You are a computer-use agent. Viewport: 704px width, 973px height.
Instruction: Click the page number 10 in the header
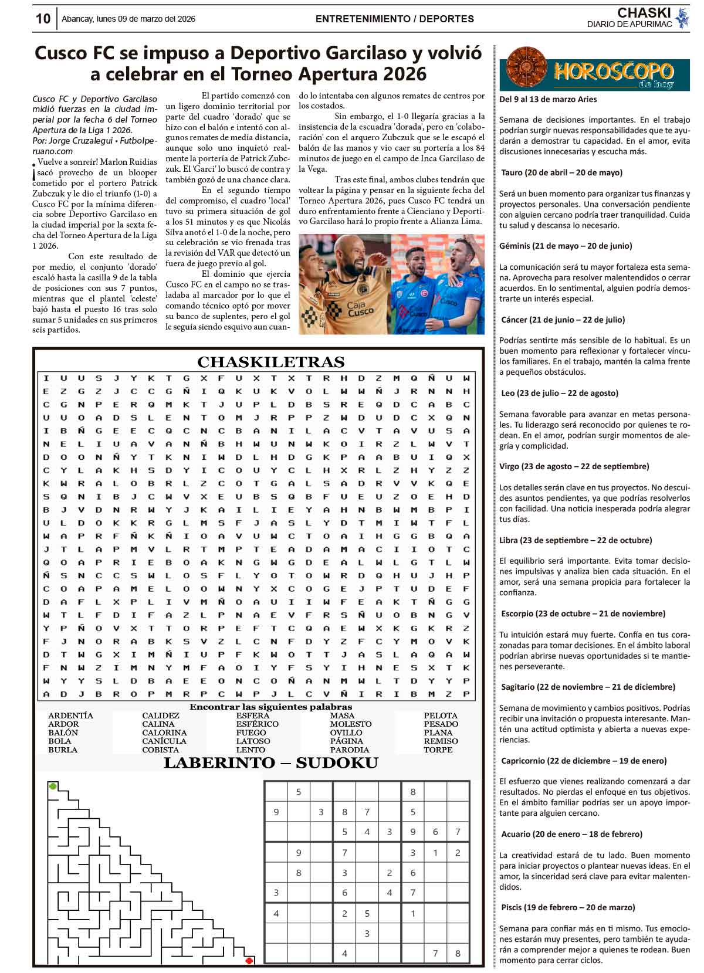[43, 19]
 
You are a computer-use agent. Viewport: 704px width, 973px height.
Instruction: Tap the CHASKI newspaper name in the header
[644, 13]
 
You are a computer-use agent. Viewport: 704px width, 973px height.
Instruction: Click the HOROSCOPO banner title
[613, 72]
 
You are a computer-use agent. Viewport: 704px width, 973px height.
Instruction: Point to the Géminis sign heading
[566, 246]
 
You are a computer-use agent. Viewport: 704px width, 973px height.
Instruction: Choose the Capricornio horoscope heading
[584, 761]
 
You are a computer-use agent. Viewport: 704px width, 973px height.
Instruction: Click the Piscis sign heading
[568, 907]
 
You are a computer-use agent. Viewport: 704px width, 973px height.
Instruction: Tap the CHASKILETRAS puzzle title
[270, 361]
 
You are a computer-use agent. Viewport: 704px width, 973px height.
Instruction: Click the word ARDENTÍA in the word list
[70, 716]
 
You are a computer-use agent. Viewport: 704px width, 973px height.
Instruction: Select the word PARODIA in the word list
[350, 750]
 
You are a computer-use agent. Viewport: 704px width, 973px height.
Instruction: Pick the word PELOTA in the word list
[441, 716]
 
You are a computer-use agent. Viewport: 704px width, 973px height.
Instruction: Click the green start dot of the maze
[53, 786]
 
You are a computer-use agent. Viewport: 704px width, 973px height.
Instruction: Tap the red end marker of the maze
[249, 961]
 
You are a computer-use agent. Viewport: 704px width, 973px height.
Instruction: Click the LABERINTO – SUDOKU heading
[270, 762]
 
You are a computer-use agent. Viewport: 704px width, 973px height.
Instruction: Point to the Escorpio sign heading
[583, 613]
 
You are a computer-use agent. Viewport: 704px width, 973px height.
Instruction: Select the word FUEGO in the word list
[251, 733]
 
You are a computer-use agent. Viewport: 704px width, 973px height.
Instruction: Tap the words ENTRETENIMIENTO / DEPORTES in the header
[394, 19]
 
